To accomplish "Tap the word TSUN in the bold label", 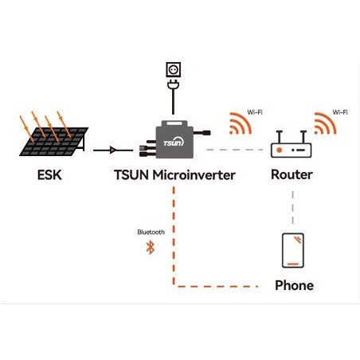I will (125, 174).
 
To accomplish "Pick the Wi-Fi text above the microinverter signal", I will (254, 112).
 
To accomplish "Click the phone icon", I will (292, 250).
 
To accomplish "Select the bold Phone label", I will (293, 285).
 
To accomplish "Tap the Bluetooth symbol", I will (148, 248).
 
